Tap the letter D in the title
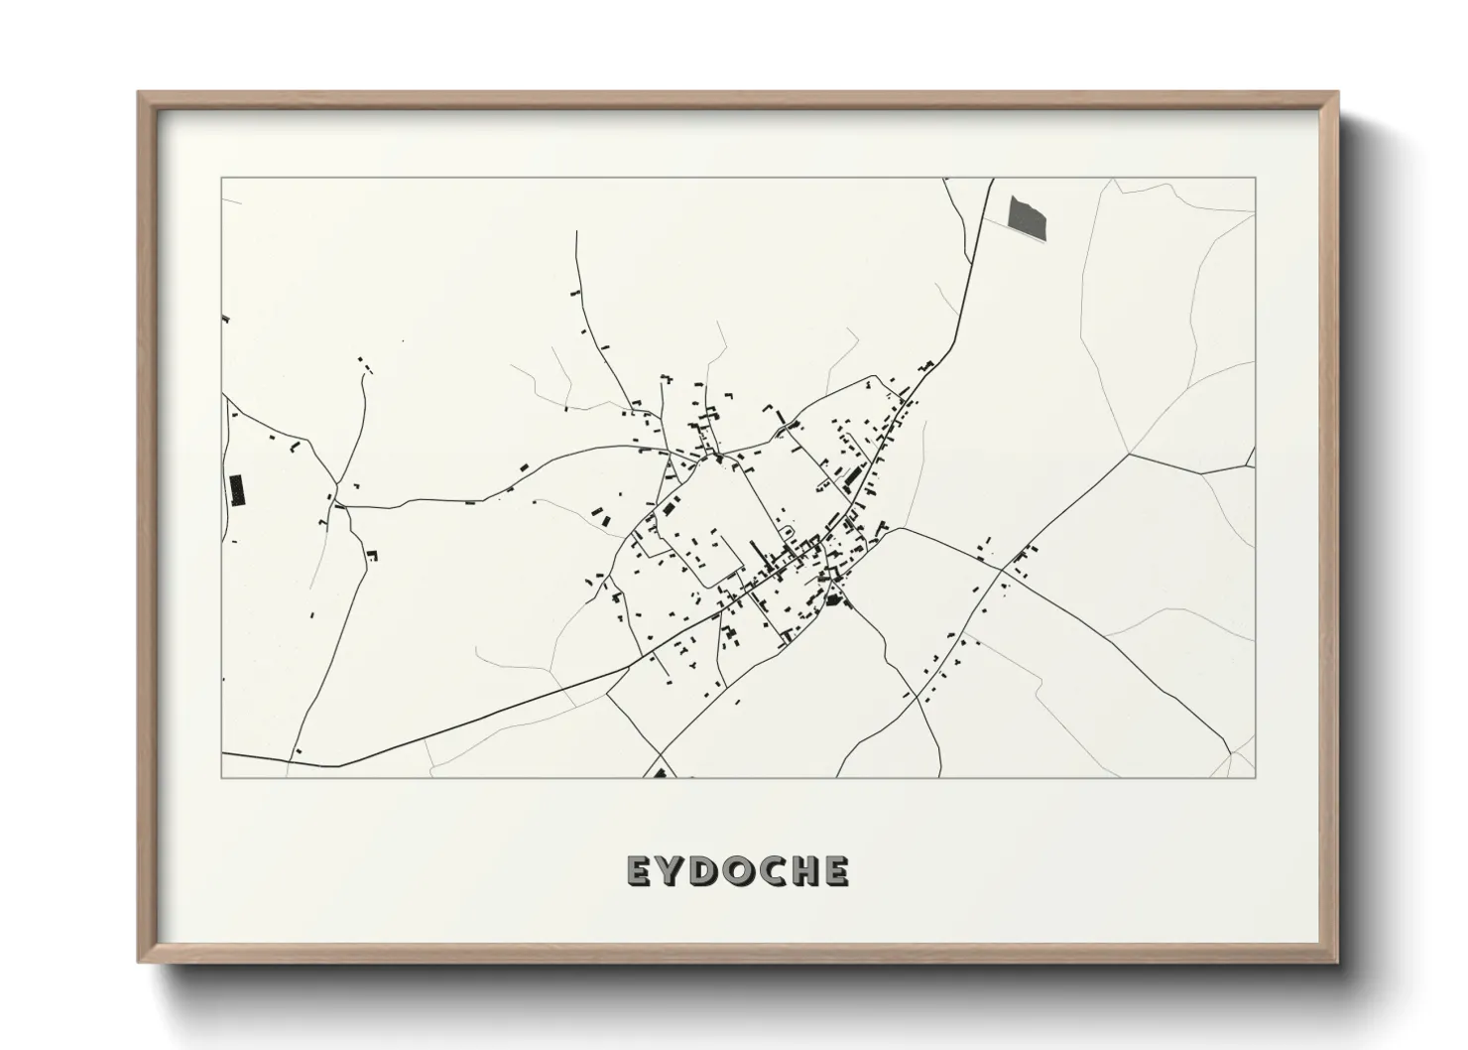tap(708, 871)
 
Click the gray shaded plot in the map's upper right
tap(1028, 216)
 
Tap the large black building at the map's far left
tap(236, 491)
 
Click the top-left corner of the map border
tap(221, 179)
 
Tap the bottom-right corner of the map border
tap(1256, 777)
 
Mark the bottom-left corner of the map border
tap(221, 777)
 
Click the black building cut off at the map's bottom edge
tap(660, 772)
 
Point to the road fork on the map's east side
tap(1130, 455)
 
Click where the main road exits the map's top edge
tap(991, 180)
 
